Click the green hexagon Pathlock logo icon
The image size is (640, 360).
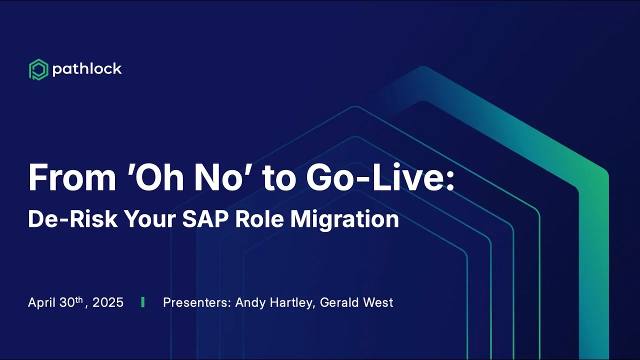38,69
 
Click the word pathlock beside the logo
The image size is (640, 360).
87,69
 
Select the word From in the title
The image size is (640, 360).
72,177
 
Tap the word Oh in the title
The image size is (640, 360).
159,177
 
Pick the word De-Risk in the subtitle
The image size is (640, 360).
73,219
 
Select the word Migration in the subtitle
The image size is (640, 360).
344,220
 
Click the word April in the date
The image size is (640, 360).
41,302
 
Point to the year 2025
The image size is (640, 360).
108,302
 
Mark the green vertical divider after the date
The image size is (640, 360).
143,302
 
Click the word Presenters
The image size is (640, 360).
197,302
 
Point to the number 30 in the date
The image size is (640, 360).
67,302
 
